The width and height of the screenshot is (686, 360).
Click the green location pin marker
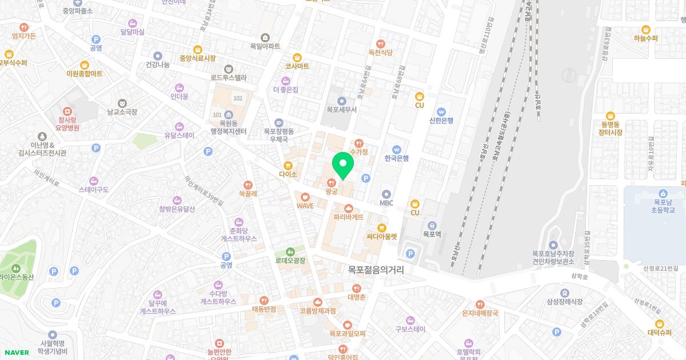point(343,165)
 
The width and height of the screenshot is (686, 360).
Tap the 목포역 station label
point(432,234)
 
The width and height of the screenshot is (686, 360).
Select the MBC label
point(386,203)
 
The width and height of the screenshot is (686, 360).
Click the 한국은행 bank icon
point(396,150)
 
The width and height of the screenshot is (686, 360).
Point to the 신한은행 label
point(441,121)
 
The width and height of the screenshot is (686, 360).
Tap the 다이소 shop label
point(288,174)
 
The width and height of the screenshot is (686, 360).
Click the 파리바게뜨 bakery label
point(349,217)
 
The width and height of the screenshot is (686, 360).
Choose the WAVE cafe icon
point(305,196)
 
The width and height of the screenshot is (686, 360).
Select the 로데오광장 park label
point(290,261)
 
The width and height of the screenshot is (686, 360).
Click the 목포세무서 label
point(341,110)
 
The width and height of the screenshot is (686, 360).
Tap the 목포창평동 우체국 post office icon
point(279,123)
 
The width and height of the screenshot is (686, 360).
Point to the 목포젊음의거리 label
point(376,270)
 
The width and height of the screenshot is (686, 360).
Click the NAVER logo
point(17,353)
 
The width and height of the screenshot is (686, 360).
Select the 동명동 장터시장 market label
point(611,128)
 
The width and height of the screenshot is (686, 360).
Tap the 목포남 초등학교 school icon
point(663,193)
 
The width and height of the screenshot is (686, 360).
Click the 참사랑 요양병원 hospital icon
point(69,111)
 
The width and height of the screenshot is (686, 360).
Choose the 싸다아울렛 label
point(382,236)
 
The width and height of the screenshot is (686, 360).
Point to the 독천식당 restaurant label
point(381,52)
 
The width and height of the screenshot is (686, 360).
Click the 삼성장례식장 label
point(564,302)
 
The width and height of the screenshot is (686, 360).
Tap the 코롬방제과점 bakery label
point(318,311)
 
